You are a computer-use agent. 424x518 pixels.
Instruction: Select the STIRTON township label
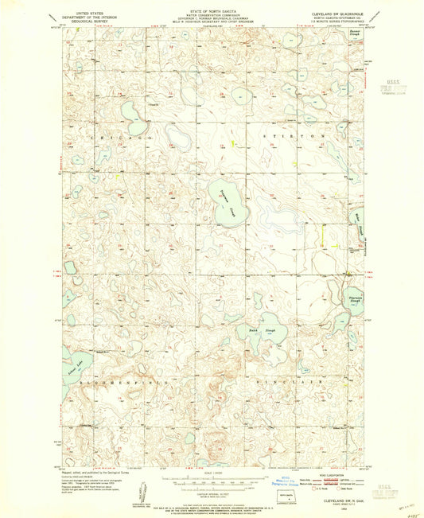pos(294,137)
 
